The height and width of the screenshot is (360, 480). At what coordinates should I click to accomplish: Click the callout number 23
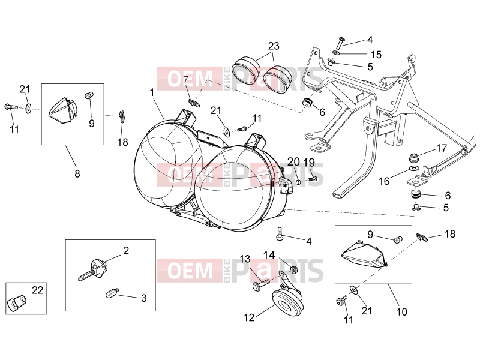pyautogui.click(x=274, y=46)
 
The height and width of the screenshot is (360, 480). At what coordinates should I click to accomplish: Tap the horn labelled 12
pyautogui.click(x=287, y=301)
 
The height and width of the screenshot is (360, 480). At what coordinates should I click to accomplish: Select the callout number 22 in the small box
pyautogui.click(x=38, y=290)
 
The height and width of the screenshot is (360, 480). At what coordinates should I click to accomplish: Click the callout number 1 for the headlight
pyautogui.click(x=152, y=92)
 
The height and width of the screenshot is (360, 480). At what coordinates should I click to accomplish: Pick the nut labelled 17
pyautogui.click(x=414, y=158)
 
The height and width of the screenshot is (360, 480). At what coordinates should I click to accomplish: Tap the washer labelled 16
pyautogui.click(x=414, y=169)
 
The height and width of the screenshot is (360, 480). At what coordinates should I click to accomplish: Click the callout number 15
pyautogui.click(x=376, y=55)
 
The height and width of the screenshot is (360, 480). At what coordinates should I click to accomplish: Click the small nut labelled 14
pyautogui.click(x=294, y=270)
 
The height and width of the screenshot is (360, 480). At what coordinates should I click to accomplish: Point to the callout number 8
pyautogui.click(x=77, y=173)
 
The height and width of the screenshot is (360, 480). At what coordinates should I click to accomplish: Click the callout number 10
pyautogui.click(x=401, y=311)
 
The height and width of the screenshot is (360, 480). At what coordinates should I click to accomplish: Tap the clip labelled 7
pyautogui.click(x=194, y=103)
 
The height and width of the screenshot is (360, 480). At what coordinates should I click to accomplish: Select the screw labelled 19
pyautogui.click(x=311, y=179)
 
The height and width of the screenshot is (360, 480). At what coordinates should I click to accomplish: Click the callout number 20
pyautogui.click(x=293, y=161)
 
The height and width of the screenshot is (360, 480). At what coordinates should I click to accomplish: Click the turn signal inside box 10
pyautogui.click(x=364, y=254)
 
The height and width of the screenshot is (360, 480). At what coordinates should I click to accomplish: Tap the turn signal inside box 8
pyautogui.click(x=63, y=110)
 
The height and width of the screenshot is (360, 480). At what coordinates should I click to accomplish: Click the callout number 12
pyautogui.click(x=249, y=317)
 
